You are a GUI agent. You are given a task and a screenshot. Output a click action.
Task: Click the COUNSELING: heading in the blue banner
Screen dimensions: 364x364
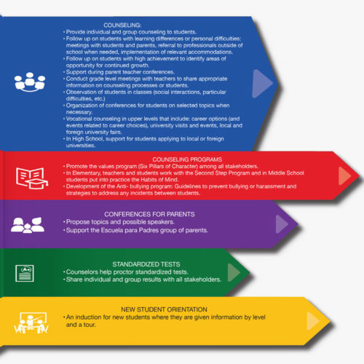point(122,25)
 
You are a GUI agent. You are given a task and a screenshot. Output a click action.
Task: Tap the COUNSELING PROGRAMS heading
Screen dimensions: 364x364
point(187,159)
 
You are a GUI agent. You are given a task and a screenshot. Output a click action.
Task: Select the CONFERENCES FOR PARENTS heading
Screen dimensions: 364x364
point(149,214)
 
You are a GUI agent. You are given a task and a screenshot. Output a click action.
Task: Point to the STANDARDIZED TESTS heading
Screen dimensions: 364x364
point(146,264)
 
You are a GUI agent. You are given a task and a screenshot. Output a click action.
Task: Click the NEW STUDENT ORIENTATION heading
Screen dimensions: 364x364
point(164,309)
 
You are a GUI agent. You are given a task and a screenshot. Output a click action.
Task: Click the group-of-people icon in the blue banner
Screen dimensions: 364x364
point(30,82)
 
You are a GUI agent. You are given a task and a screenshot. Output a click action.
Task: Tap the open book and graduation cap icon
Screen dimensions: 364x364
point(32,178)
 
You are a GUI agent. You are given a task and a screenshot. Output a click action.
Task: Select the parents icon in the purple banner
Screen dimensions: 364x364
point(28,225)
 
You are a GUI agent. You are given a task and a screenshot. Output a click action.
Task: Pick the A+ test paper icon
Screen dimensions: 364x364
point(25,274)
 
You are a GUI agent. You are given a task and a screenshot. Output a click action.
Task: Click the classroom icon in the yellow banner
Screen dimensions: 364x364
point(31,323)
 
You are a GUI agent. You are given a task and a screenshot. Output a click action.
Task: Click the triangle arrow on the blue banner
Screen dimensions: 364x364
point(262,84)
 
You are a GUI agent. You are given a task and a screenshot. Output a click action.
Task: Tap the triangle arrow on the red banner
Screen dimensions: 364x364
point(344,175)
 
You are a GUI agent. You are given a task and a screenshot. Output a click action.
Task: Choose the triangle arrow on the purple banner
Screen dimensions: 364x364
point(282,223)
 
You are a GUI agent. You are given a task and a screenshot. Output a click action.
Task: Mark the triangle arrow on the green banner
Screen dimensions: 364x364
point(234,272)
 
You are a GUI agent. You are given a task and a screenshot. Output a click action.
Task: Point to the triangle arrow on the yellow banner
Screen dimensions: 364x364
point(313,321)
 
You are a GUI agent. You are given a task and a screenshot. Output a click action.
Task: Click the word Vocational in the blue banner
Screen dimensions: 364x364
point(79,119)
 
